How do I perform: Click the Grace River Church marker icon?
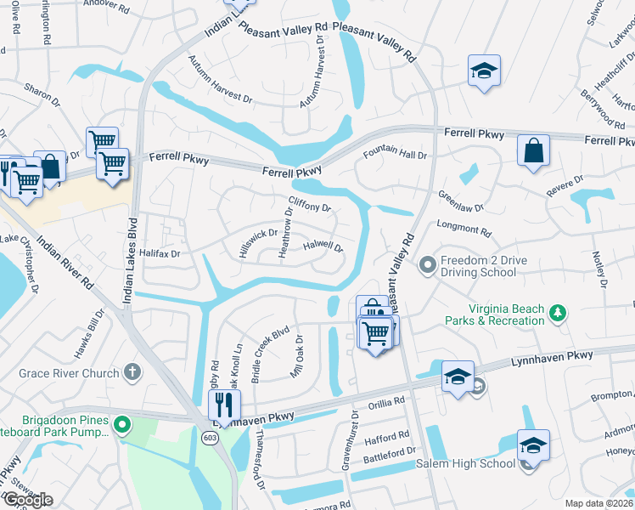tap(132, 371)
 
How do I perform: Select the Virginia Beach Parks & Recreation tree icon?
tap(558, 314)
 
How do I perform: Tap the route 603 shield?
tap(211, 436)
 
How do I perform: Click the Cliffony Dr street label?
tap(309, 204)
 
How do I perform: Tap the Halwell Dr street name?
tap(323, 246)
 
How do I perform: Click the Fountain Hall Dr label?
tap(395, 155)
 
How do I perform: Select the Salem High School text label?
tap(465, 463)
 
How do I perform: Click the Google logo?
tap(28, 500)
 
